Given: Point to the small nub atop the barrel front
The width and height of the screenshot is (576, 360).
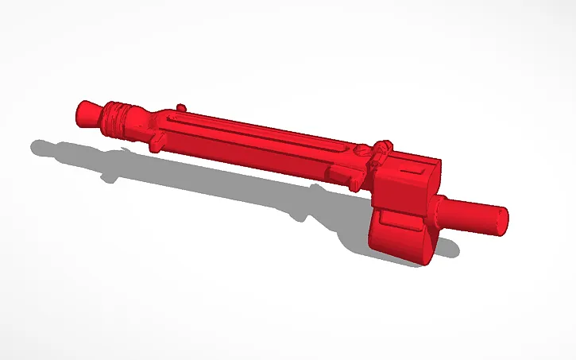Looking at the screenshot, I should (182, 106).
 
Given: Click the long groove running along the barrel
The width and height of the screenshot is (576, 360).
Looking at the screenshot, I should (254, 130).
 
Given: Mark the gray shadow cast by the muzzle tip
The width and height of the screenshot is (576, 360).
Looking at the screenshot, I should (44, 147).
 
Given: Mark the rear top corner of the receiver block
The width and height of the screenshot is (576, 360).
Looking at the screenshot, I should (436, 161).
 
